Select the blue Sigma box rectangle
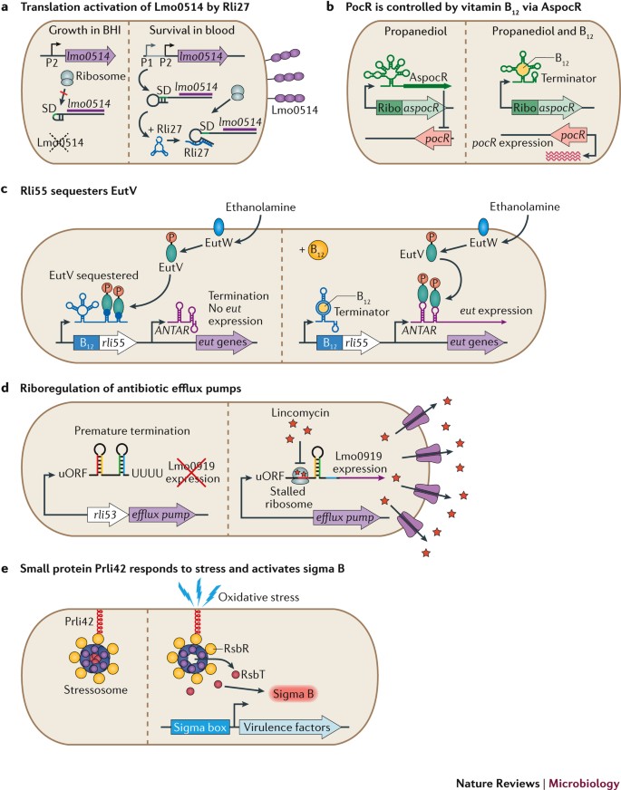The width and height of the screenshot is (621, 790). (x=200, y=727)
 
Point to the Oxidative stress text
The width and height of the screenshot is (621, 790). (x=258, y=598)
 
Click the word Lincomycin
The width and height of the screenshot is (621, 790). (x=306, y=413)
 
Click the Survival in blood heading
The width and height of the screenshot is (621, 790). (x=191, y=30)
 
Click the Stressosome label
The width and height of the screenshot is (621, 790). (x=96, y=689)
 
